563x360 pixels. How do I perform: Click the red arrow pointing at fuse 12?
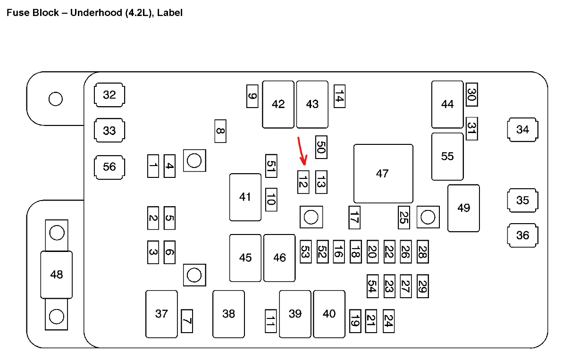click(302, 151)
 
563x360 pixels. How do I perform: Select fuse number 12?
click(303, 182)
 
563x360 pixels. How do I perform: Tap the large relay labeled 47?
click(383, 174)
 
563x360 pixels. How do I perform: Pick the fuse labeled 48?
click(56, 275)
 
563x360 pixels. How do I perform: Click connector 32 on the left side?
click(109, 95)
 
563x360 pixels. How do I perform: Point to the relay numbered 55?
click(447, 156)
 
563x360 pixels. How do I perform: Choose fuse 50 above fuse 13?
click(321, 148)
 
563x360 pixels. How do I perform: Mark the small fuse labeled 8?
click(220, 131)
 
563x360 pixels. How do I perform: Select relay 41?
click(245, 197)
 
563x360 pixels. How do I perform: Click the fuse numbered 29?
click(422, 286)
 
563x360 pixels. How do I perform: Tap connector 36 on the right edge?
click(522, 235)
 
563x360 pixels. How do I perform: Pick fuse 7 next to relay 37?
click(187, 321)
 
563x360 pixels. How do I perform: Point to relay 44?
click(447, 104)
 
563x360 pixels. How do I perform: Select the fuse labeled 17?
click(354, 218)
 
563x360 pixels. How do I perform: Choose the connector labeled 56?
click(109, 167)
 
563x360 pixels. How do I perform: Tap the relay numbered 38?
click(228, 314)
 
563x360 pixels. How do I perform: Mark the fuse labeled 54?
click(373, 286)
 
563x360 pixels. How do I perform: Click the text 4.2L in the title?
click(140, 13)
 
